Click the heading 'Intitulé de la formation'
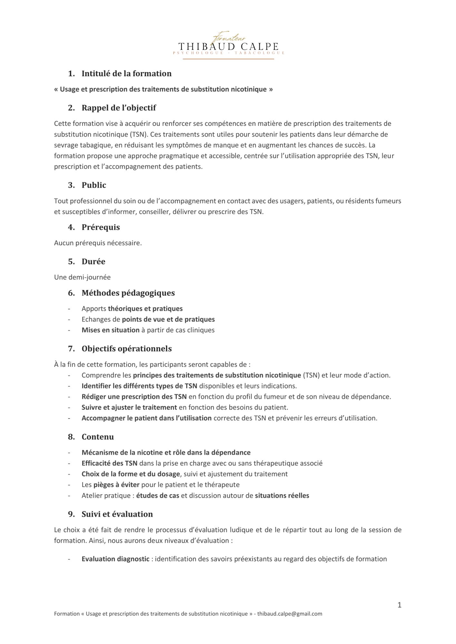pos(126,73)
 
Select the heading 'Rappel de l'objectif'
pos(119,108)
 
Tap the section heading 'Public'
pos(94,185)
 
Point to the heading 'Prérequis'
pos(101,227)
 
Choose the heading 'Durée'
pos(93,261)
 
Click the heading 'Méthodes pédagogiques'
pos(128,293)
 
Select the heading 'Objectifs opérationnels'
pos(127,349)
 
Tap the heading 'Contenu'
pos(98,437)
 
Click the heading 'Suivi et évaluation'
pos(117,514)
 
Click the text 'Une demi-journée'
pos(82,277)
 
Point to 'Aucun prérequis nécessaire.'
pos(98,243)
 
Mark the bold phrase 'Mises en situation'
pos(111,330)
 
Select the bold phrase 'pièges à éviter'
pos(116,485)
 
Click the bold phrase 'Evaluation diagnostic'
pos(115,559)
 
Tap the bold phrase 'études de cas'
pos(158,496)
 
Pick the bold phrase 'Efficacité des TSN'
pos(109,463)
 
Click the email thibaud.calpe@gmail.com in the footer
pos(290,614)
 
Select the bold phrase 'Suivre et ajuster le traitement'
pos(129,407)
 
